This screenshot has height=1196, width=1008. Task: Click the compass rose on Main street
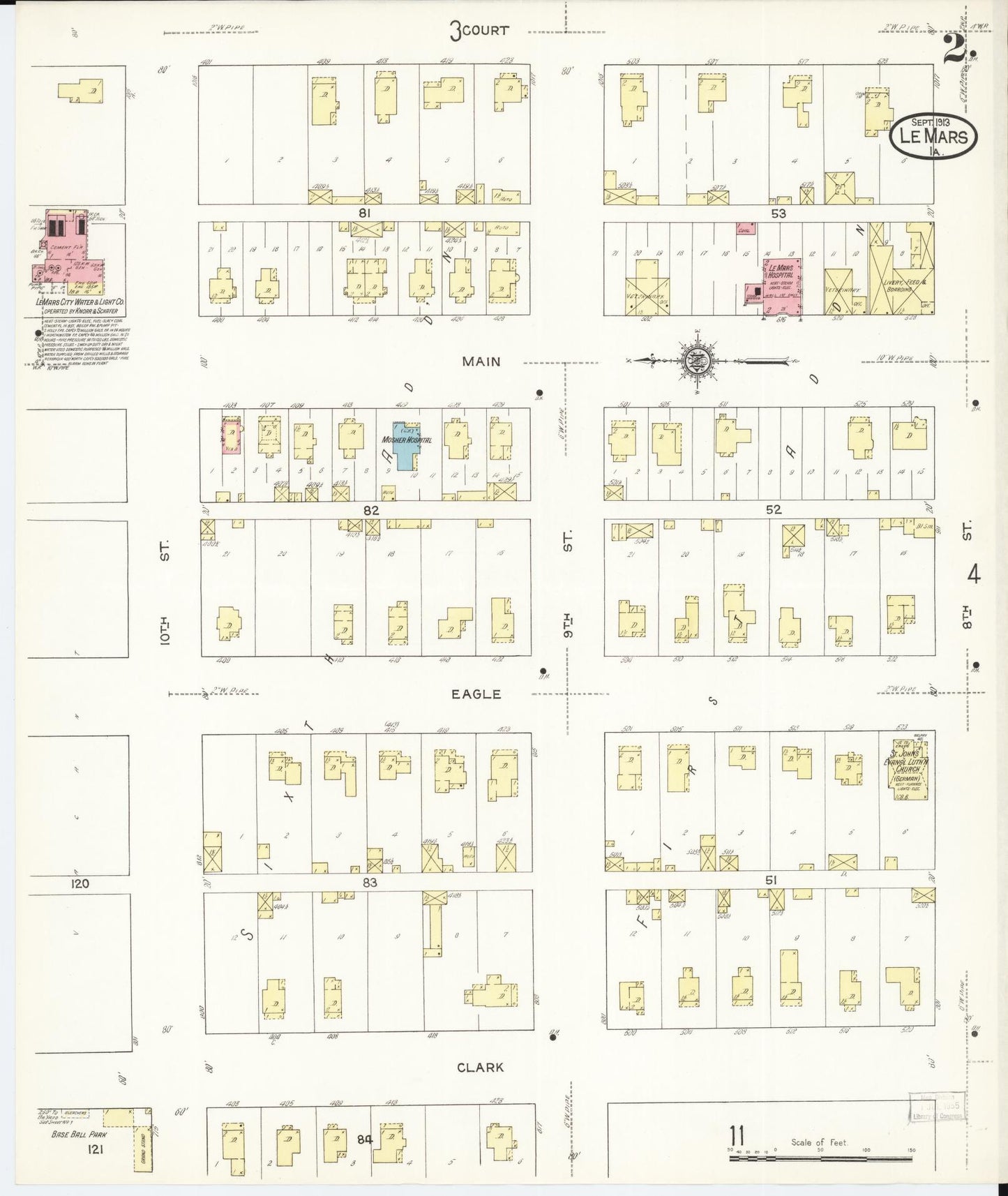point(700,361)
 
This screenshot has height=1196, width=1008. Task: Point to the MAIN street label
point(481,361)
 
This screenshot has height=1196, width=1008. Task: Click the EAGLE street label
point(476,694)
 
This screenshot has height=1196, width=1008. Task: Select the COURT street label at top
point(479,31)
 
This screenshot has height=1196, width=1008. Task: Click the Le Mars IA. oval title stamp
point(933,135)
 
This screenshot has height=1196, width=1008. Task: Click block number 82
point(370,510)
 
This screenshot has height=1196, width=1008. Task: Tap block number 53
point(778,214)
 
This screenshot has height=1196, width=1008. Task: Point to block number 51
point(771,881)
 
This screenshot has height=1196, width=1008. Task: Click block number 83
point(369,882)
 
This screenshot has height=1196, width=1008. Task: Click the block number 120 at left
point(80,883)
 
